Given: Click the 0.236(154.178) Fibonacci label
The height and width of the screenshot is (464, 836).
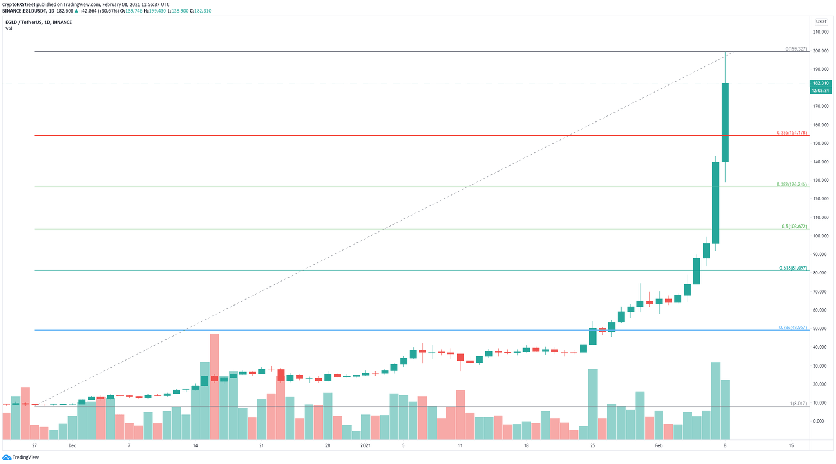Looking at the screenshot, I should pos(791,133).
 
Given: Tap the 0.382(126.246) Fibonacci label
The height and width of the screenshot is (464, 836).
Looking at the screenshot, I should pos(791,185).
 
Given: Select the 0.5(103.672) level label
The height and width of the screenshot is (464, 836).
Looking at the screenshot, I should pos(794,227).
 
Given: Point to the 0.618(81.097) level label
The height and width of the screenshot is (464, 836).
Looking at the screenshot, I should pos(793,268).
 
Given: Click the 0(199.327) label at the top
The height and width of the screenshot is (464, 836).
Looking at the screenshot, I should pos(796,49).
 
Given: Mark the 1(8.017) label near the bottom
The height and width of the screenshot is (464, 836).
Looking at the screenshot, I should pos(798,404).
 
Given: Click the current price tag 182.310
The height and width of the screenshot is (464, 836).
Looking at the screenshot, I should pos(820,83).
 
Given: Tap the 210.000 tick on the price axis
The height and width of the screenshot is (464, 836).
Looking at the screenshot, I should pos(820,32).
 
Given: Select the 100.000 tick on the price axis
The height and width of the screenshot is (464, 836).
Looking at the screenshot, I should pos(820,236).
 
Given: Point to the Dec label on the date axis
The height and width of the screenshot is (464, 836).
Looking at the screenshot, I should pos(72,445).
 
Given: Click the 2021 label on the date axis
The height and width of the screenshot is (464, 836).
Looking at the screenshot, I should pos(365,445).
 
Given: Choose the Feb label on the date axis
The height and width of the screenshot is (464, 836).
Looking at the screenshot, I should pos(659,445).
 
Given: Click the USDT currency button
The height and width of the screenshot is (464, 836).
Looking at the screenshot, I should pos(821,22).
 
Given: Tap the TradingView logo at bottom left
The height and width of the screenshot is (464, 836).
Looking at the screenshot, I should pos(21,457).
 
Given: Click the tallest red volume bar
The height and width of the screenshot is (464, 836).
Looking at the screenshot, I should pos(214,387).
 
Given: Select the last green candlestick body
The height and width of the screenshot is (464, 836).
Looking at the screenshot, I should pos(725,123).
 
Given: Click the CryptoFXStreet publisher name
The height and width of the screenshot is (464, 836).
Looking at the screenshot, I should pos(19,4).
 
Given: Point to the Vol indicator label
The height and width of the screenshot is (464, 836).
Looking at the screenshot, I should pos(9,29).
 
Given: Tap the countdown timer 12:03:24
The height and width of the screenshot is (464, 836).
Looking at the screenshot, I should pos(820,91).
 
